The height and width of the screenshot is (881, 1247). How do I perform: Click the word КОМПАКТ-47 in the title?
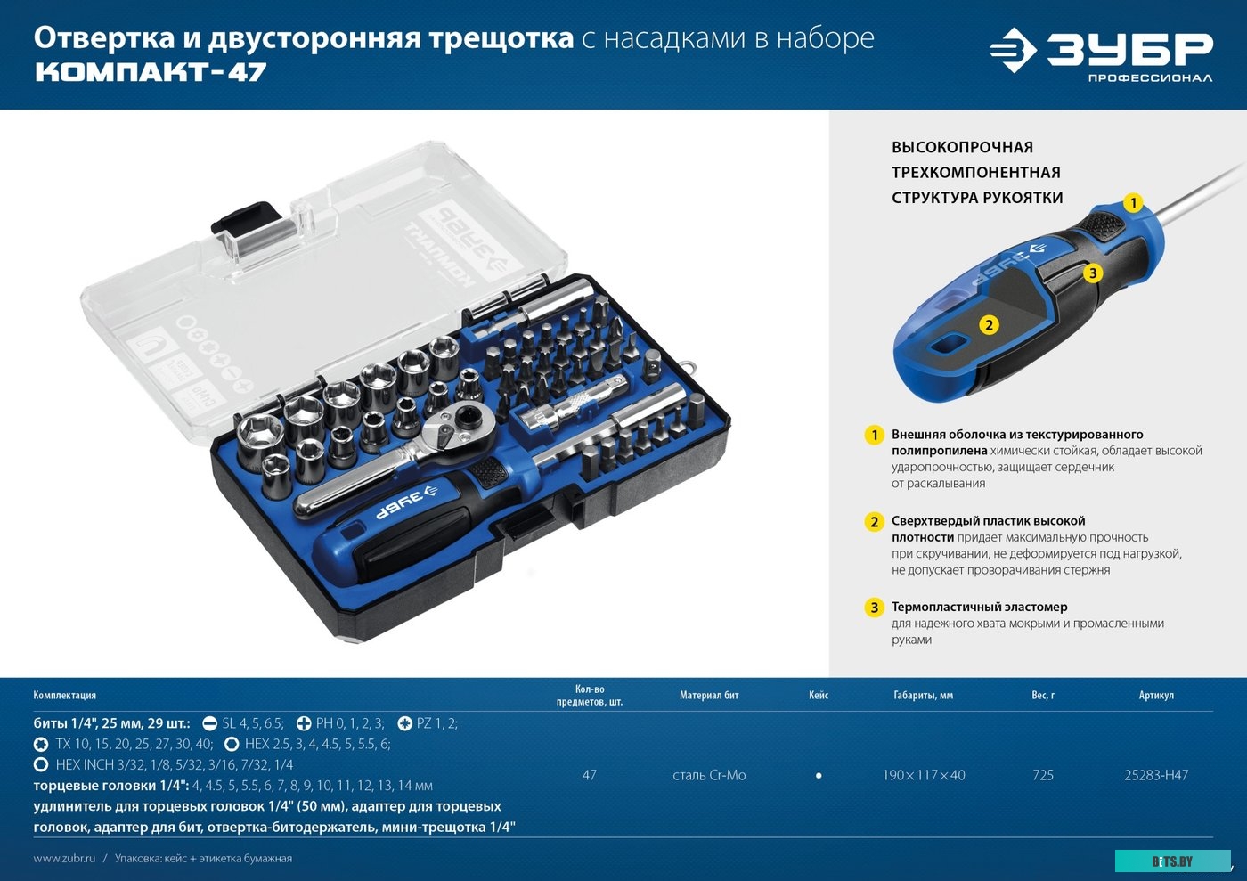(x=150, y=73)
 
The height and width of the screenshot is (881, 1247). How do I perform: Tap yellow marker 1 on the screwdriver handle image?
(x=1132, y=203)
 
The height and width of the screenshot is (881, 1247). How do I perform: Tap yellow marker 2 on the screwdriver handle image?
(x=988, y=325)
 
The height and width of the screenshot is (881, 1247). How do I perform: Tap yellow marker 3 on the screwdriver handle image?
(x=1093, y=273)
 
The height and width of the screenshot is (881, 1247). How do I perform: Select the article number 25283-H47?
(x=1155, y=775)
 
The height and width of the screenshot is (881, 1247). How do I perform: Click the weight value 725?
(x=1042, y=775)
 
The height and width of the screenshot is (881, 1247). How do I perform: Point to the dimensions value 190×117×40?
(x=923, y=775)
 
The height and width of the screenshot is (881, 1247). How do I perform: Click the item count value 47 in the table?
(x=589, y=775)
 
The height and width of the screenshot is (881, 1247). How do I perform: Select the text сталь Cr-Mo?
(x=709, y=775)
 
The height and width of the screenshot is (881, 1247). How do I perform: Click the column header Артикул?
(x=1155, y=696)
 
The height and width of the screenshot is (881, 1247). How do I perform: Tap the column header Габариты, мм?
(x=923, y=696)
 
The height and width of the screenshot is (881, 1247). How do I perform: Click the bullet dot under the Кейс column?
(x=819, y=776)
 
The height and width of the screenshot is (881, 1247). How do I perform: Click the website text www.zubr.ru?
(x=64, y=859)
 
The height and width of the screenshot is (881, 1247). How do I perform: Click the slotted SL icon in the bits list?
(x=210, y=724)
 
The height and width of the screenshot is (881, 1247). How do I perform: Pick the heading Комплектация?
(x=64, y=696)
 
